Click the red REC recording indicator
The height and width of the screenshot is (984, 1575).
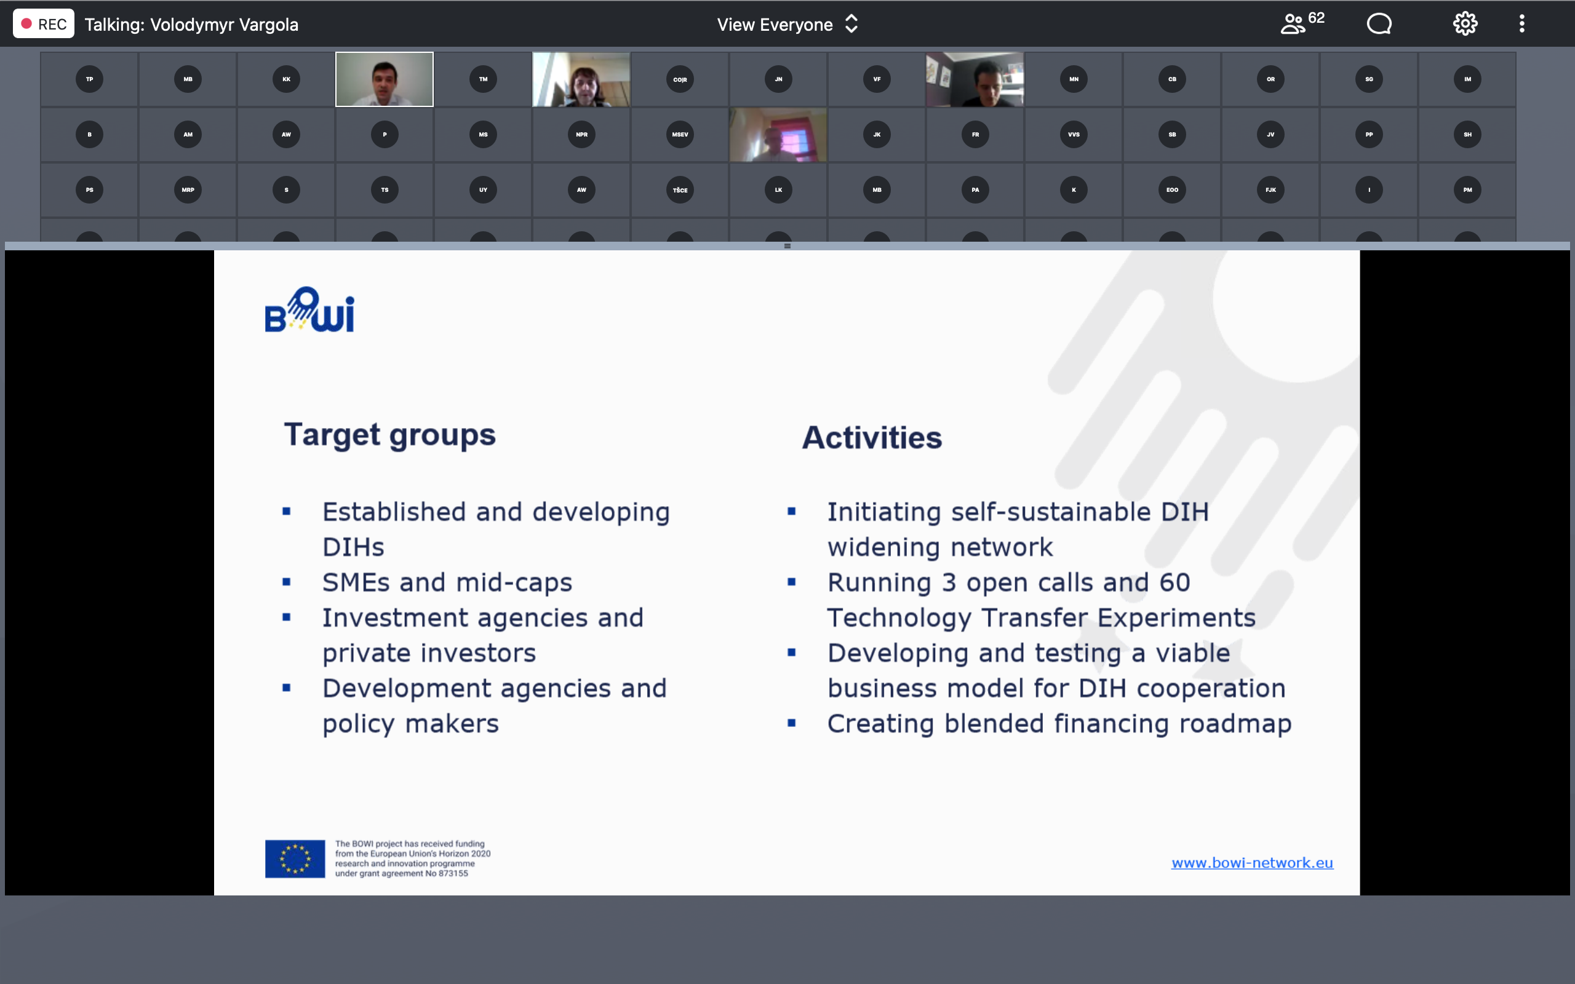tap(43, 24)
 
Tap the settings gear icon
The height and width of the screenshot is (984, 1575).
tap(1465, 24)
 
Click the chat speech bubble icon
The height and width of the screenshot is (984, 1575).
tap(1379, 24)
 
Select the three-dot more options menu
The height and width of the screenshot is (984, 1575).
tap(1521, 24)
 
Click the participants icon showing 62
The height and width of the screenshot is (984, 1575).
tap(1302, 23)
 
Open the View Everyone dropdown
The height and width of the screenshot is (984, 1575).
tap(787, 25)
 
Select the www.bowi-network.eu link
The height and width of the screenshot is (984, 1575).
tap(1252, 862)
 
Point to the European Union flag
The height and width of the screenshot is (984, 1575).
tap(295, 859)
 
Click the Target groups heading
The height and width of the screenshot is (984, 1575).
tap(390, 435)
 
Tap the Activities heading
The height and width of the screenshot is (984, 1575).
tap(872, 437)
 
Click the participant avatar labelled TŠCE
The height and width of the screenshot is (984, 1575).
tap(680, 190)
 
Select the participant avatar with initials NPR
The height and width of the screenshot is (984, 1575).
tap(582, 135)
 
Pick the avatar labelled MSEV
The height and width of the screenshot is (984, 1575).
tap(680, 135)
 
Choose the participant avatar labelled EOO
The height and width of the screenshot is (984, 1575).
tap(1172, 190)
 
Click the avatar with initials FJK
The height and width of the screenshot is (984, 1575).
tap(1270, 190)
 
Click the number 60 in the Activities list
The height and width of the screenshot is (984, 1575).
tap(1174, 582)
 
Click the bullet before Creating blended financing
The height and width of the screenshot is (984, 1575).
tap(791, 723)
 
